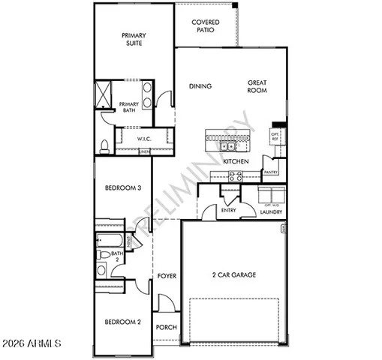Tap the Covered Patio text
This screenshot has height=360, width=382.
(205, 27)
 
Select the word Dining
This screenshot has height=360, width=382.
(200, 86)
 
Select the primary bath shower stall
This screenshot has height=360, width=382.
(102, 96)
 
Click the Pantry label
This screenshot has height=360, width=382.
(271, 172)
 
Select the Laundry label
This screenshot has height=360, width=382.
(271, 211)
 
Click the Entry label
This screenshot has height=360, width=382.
(230, 211)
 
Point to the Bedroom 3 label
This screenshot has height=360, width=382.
(122, 189)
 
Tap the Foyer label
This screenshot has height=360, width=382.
(167, 276)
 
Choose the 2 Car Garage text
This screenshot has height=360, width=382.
(233, 275)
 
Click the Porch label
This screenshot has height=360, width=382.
(166, 328)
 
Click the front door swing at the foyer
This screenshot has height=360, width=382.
(167, 303)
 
